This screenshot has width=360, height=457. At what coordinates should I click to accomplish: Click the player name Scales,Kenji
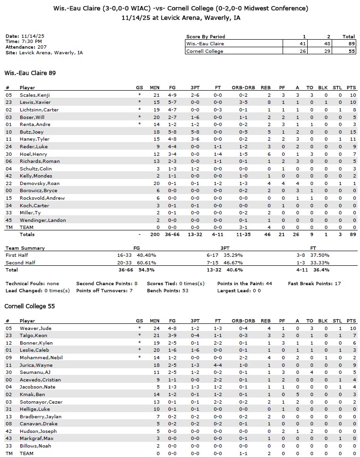tap(34, 95)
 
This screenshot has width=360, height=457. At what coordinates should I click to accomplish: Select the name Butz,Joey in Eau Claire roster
tap(31, 132)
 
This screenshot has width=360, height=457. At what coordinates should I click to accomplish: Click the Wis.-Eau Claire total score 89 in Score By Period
tap(349, 43)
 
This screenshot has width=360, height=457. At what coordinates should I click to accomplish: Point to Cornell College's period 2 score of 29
tap(326, 51)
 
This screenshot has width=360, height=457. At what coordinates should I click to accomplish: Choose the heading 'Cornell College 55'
tap(29, 306)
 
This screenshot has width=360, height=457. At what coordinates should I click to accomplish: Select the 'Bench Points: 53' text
tap(97, 291)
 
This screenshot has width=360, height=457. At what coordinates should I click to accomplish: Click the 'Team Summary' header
tap(25, 248)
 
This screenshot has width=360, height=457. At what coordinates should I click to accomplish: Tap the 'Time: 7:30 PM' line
tap(22, 42)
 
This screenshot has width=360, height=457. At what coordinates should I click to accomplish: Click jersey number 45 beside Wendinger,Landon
tap(8, 220)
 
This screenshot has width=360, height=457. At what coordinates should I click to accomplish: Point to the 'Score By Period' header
tap(206, 36)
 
